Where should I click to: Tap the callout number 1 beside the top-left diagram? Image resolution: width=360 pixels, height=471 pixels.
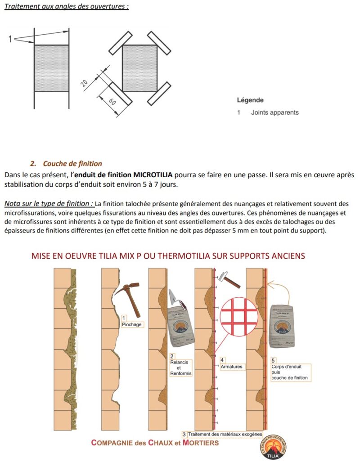coord(10,39)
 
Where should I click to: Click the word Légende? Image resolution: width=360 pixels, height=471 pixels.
coord(250,100)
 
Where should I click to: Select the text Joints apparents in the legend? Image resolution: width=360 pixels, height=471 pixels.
coord(274,112)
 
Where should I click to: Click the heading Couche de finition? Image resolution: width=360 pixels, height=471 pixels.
coord(72,164)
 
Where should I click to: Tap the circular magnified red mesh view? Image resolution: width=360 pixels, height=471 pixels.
coord(238,317)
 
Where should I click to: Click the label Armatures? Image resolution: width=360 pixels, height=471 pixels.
coord(231,366)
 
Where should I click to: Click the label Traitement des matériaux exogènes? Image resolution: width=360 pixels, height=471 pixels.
coord(225,434)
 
